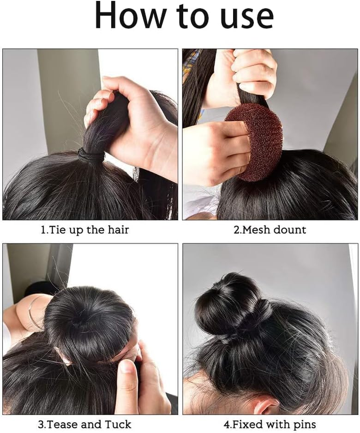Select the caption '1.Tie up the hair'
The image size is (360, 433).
point(85,230)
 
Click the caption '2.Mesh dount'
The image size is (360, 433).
point(270,230)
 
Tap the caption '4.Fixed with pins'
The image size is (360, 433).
point(270,424)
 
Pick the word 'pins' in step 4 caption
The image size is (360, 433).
point(304,424)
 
